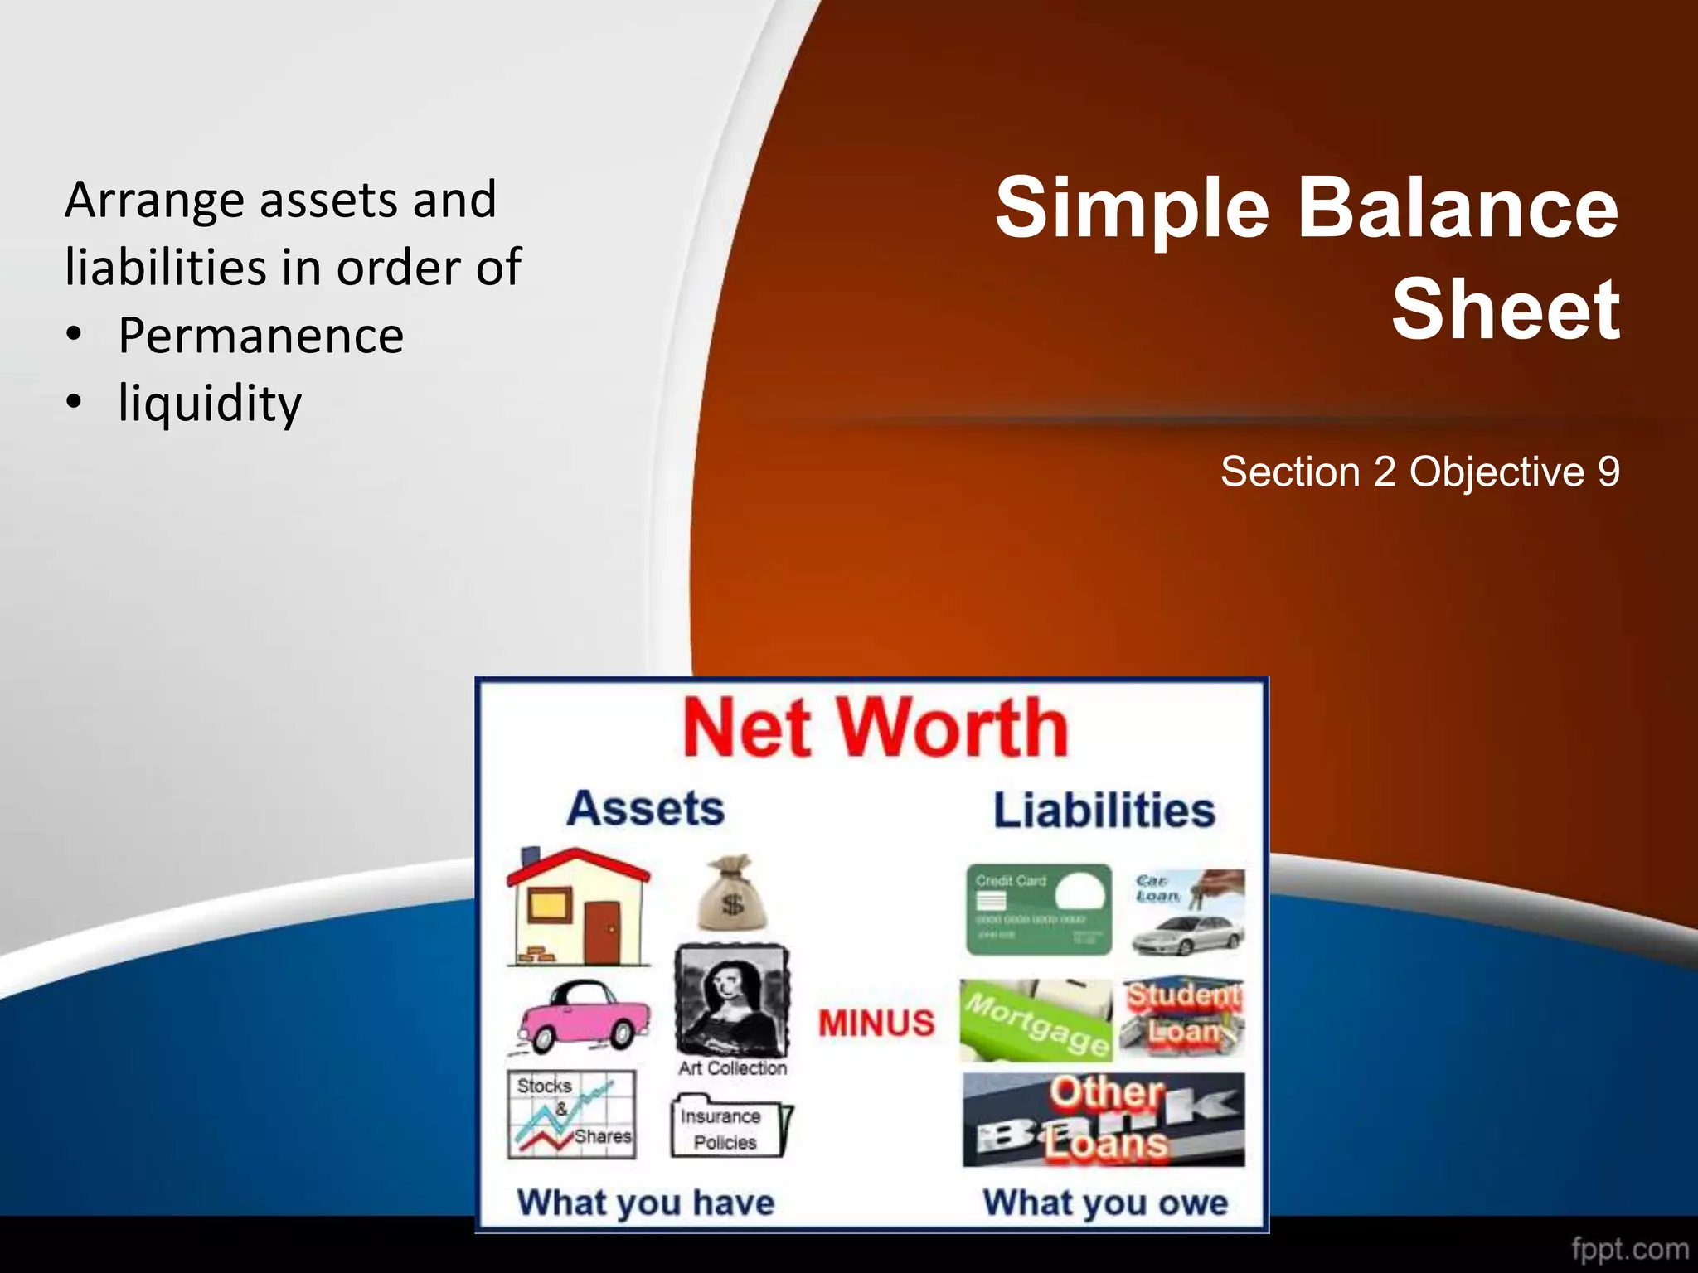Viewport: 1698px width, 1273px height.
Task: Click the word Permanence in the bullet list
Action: coord(260,336)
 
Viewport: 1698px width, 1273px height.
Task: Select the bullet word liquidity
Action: coord(210,404)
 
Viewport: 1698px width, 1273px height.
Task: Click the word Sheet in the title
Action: coord(1505,310)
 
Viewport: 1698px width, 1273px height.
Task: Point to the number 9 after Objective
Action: coord(1608,472)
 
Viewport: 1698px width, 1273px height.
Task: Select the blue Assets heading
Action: coord(645,808)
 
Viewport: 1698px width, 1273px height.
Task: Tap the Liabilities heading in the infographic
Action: coord(1104,811)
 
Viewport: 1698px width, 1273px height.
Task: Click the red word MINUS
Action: coord(876,1023)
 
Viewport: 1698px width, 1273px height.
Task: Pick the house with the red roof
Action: coord(578,908)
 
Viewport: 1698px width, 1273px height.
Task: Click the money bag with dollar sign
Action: coord(732,895)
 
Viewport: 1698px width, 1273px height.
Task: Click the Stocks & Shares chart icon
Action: coord(572,1114)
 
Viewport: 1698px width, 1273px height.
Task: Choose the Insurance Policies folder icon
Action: coord(730,1127)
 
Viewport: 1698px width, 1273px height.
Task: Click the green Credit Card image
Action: coord(1038,909)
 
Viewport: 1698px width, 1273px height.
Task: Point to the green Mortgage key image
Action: coord(1036,1021)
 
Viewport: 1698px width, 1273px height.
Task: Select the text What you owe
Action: coord(1104,1203)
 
